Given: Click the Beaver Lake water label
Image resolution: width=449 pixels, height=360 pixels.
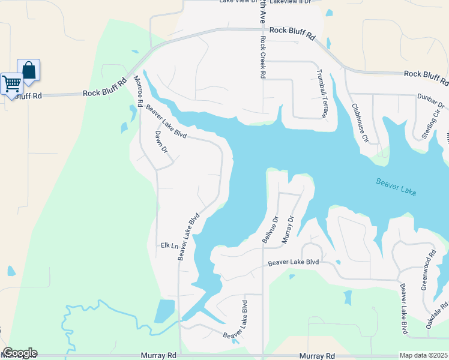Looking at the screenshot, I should tap(396, 187).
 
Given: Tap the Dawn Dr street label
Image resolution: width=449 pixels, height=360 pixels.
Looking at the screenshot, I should tap(160, 142).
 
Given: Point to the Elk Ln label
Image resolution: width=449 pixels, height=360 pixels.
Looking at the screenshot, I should tap(170, 245).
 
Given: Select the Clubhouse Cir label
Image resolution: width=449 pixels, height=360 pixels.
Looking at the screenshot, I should tap(360, 123).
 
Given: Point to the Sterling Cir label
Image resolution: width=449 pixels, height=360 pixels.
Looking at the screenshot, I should tap(432, 123).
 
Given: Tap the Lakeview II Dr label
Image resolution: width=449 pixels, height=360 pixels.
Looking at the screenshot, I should tap(291, 2).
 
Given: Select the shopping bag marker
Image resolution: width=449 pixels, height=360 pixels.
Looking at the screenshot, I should tap(28, 70).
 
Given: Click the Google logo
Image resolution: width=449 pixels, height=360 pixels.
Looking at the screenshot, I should tap(20, 353).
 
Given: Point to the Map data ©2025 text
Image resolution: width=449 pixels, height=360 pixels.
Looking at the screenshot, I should tap(423, 355).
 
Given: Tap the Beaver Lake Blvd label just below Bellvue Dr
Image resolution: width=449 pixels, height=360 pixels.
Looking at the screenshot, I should tap(293, 262).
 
